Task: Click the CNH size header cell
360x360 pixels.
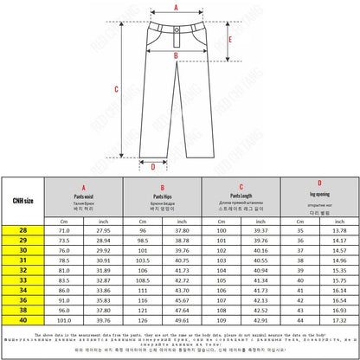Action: pos(23,201)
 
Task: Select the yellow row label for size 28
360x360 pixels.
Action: pos(23,231)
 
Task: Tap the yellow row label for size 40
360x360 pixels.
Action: pos(23,319)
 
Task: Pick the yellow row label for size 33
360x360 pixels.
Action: pos(23,280)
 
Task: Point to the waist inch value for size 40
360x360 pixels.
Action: pos(104,319)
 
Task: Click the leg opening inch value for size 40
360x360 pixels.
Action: pos(340,319)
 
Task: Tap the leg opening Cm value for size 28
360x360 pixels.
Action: pos(300,231)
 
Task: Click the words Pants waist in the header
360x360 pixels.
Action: pos(84,196)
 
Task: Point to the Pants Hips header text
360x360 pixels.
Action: pos(162,196)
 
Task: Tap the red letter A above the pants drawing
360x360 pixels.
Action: pos(177,6)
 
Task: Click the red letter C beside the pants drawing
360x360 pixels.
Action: pos(117,88)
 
